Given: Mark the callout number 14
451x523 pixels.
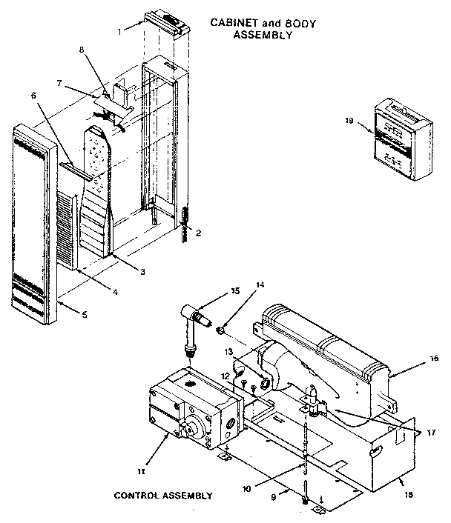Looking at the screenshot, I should click(x=239, y=284).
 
